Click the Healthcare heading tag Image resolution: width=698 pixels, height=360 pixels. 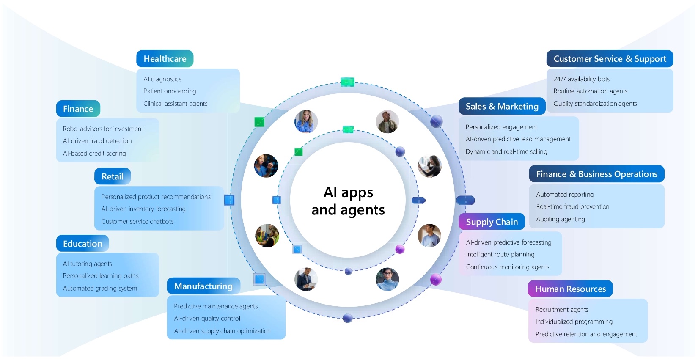click(165, 59)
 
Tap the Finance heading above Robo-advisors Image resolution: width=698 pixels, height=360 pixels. click(78, 109)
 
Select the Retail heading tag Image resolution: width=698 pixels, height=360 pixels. click(112, 176)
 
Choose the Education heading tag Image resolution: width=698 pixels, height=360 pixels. click(82, 244)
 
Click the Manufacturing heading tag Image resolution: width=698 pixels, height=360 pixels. click(203, 286)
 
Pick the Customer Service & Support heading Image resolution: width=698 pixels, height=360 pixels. click(610, 59)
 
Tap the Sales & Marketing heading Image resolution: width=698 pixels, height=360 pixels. click(502, 106)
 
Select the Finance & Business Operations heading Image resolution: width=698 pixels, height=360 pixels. click(596, 174)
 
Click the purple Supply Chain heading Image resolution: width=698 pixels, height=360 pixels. click(492, 222)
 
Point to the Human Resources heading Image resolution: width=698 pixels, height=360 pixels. click(570, 289)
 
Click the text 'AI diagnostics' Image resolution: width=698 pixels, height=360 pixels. click(162, 79)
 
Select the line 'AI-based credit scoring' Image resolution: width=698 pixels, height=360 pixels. click(94, 154)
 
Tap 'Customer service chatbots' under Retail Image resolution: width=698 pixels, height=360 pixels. click(137, 221)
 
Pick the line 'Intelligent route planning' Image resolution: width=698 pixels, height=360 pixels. click(500, 254)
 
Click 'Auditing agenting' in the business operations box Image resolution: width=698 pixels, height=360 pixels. click(561, 219)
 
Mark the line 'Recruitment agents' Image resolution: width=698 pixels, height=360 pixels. click(562, 310)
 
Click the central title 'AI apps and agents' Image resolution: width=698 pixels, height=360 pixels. click(348, 201)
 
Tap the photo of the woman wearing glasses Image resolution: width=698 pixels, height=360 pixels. click(387, 279)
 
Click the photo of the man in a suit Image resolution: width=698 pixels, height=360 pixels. click(306, 279)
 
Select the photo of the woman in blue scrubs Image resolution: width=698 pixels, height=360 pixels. click(306, 121)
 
